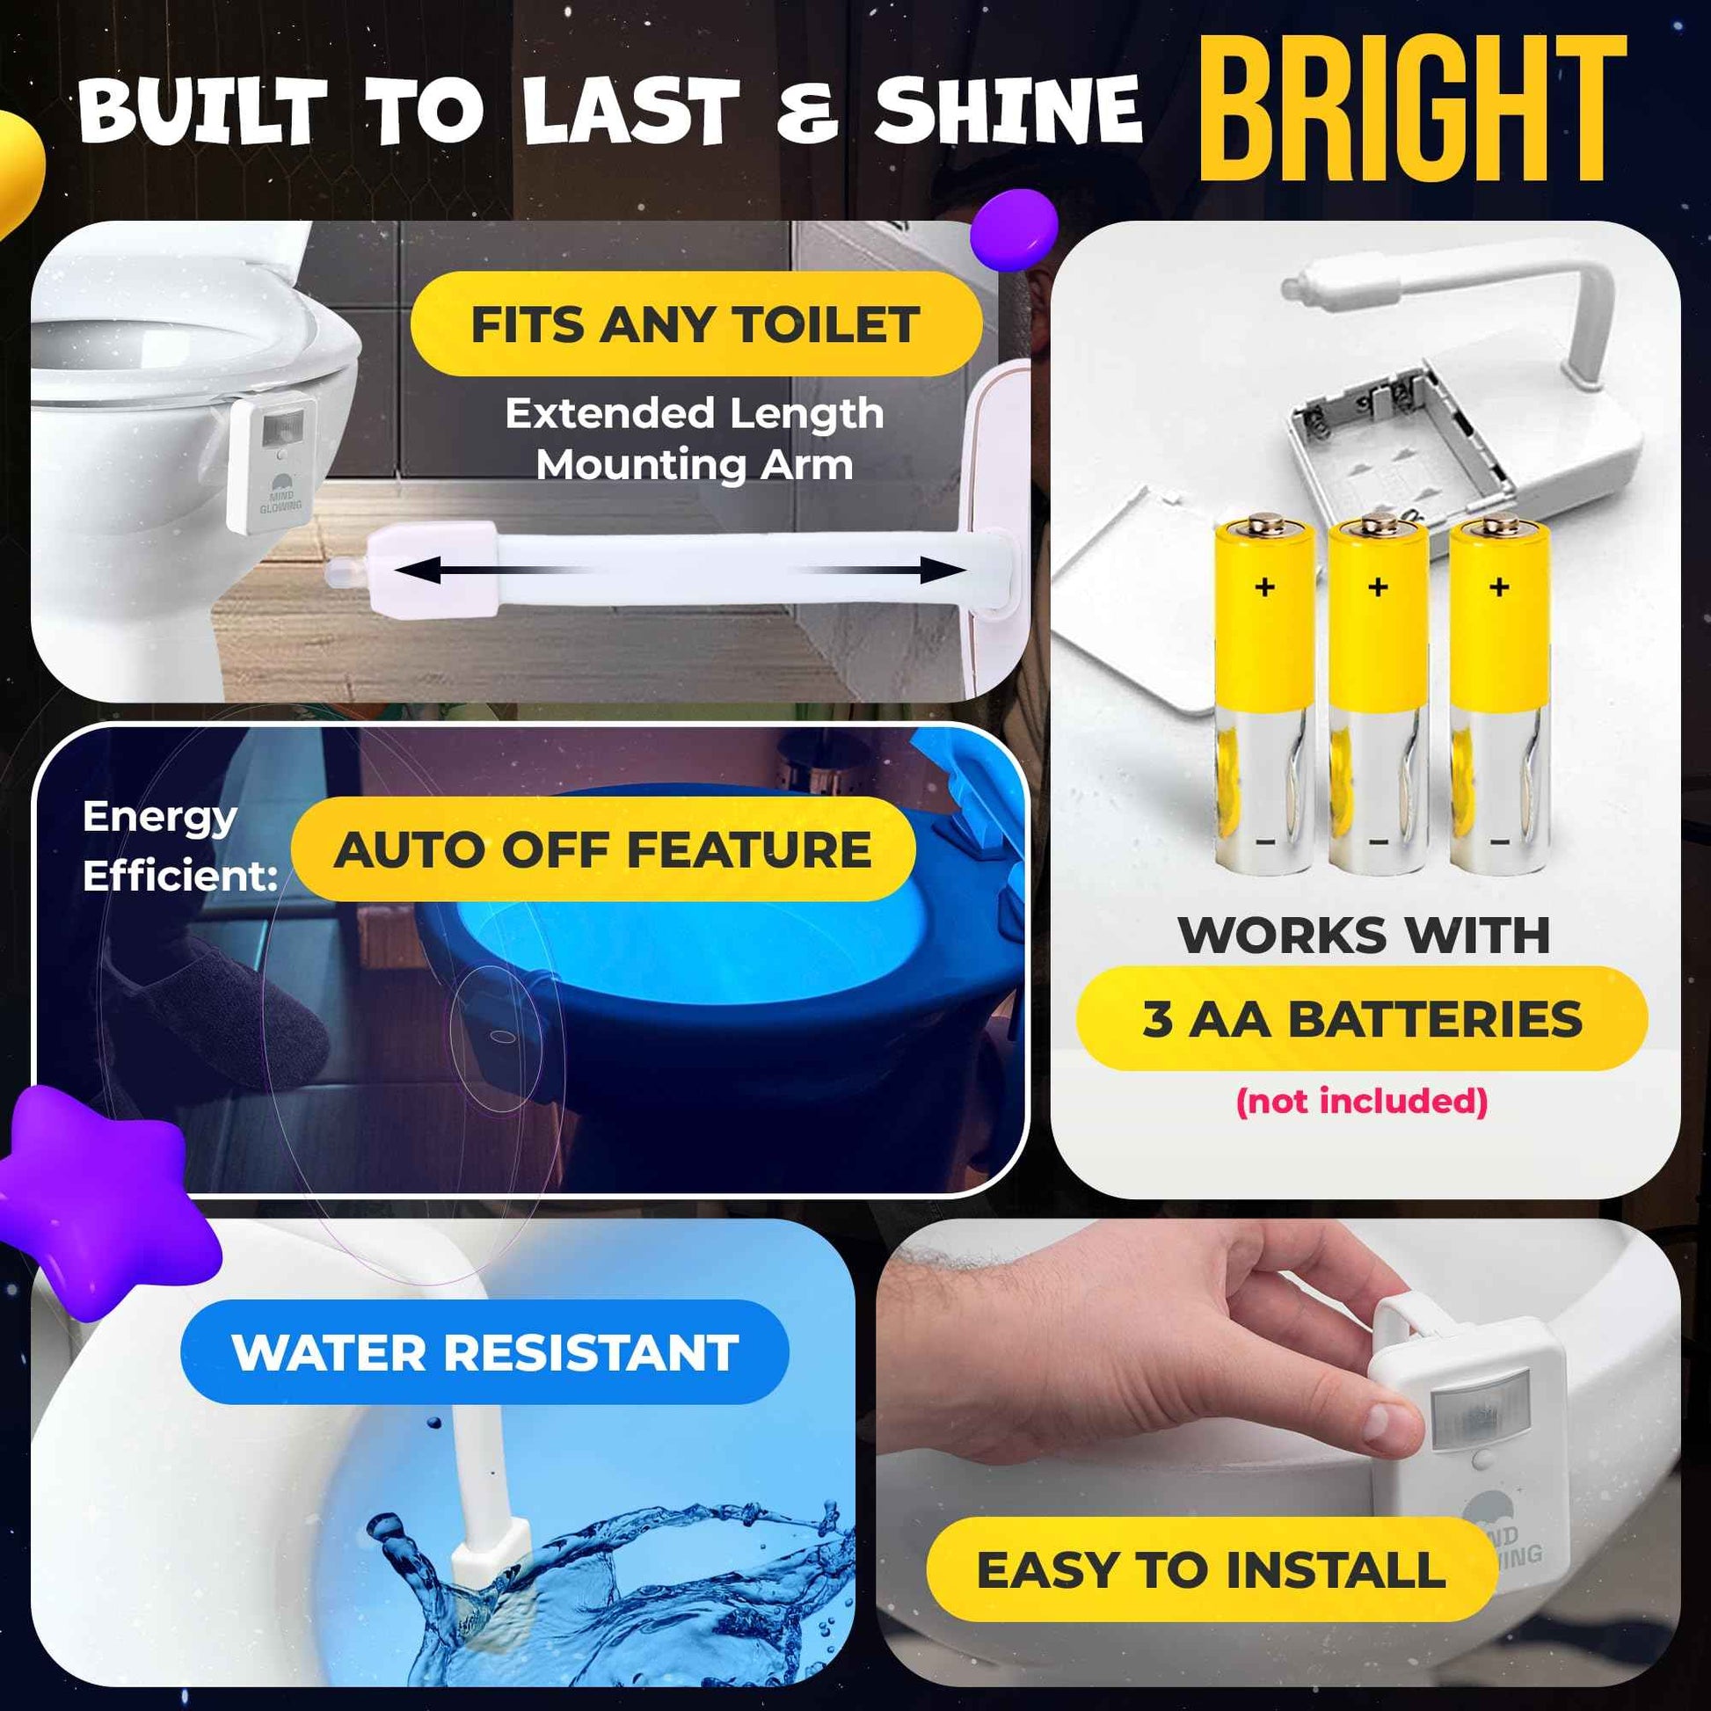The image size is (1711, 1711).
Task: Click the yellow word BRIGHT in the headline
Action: (x=1412, y=111)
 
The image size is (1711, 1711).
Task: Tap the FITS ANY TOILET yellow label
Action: (x=695, y=324)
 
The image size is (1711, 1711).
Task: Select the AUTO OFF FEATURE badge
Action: (x=602, y=849)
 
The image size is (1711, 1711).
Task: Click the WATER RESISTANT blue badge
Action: (x=484, y=1353)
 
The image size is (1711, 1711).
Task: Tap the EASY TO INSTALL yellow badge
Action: (x=1210, y=1571)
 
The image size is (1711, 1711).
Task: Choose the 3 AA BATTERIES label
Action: (x=1361, y=1019)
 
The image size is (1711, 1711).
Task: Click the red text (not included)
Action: (x=1361, y=1101)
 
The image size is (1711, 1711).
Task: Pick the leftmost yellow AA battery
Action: (x=1263, y=691)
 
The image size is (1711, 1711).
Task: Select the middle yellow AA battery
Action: (x=1376, y=691)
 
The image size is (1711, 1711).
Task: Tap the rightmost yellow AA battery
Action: (x=1498, y=691)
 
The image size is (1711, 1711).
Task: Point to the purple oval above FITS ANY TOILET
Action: (x=1013, y=229)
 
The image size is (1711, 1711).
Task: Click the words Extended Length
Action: (x=695, y=413)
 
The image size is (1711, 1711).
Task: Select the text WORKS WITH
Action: (x=1363, y=936)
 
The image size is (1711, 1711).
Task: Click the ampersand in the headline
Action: (x=807, y=115)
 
